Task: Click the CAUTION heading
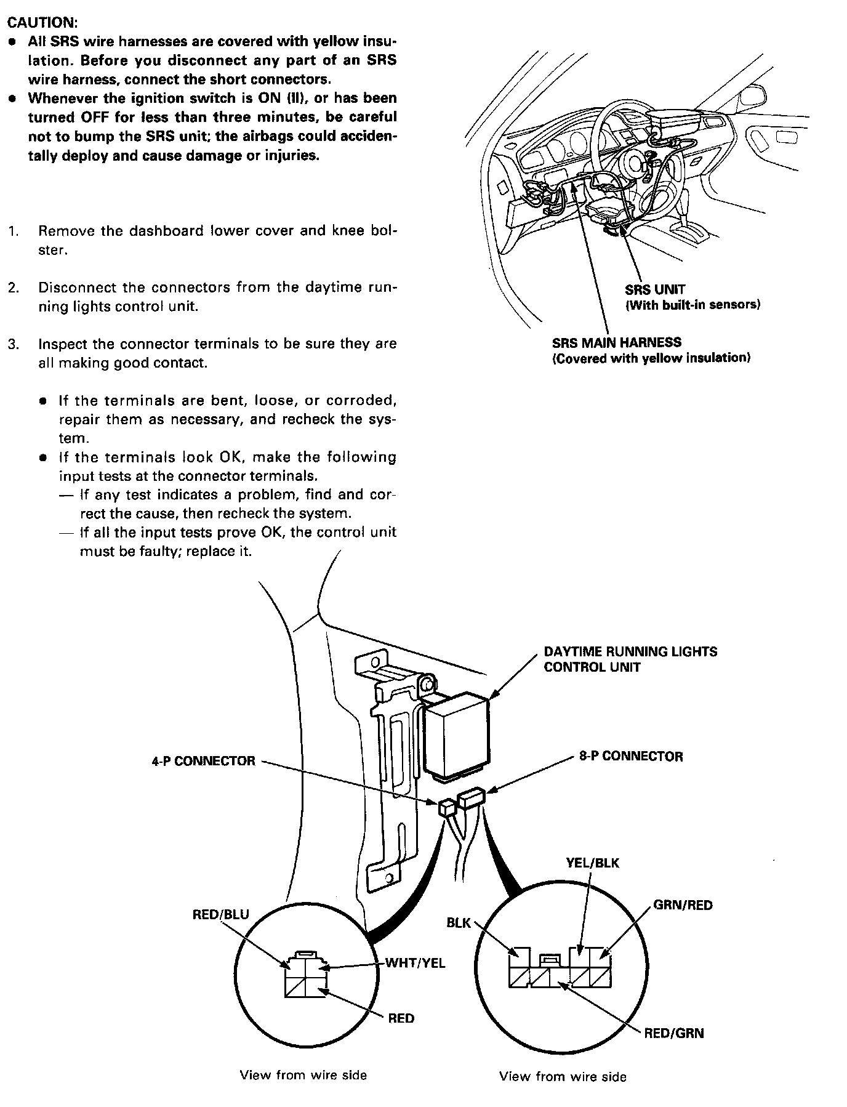tap(42, 22)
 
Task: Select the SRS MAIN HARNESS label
tap(616, 342)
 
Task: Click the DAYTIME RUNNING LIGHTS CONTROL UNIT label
tap(630, 659)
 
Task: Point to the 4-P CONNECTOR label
tap(203, 761)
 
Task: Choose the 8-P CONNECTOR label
tap(631, 756)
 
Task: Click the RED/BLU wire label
tap(221, 914)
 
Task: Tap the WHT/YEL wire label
tap(415, 963)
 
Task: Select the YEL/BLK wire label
tap(592, 863)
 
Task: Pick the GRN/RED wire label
tap(683, 905)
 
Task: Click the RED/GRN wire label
tap(674, 1033)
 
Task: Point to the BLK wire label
tap(459, 922)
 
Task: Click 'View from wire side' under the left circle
tap(303, 1075)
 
